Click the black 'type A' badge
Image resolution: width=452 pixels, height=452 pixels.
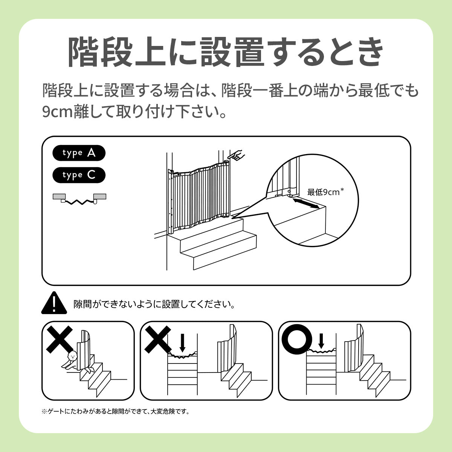click(79, 153)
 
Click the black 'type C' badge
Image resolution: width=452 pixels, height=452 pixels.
click(79, 175)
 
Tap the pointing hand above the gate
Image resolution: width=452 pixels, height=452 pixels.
click(236, 155)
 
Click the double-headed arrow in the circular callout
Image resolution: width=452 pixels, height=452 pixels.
click(306, 203)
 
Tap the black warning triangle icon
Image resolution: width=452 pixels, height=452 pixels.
click(54, 303)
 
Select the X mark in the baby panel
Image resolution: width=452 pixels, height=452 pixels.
click(60, 339)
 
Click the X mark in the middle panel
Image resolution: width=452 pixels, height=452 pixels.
click(157, 339)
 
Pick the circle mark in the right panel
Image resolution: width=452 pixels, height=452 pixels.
click(297, 339)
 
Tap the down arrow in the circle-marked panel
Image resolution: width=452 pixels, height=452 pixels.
click(321, 341)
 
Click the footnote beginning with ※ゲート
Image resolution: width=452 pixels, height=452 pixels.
click(116, 411)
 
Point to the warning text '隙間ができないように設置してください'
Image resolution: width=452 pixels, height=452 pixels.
click(154, 304)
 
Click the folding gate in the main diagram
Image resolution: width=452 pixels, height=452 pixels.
click(199, 197)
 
